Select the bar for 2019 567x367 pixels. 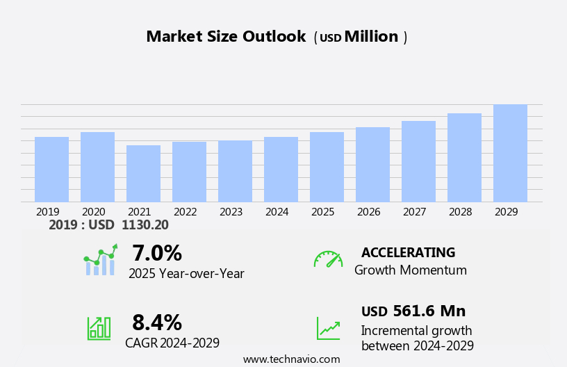coord(51,170)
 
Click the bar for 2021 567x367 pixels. coord(143,174)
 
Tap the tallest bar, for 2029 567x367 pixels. coord(510,154)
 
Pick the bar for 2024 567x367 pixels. coord(281,170)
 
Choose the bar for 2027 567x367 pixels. coord(418,161)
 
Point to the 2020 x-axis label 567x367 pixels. coord(94,212)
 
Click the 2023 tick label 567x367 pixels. coord(231,212)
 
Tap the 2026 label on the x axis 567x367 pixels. coord(369,212)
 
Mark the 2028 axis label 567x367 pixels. coord(461,212)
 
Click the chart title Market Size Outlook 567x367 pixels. coord(226,37)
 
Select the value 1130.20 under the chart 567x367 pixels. coord(145,225)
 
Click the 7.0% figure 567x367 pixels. coord(157,253)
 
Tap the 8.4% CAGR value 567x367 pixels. coord(157,323)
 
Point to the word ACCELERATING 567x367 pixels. coord(408,252)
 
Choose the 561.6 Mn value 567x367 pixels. coord(429,311)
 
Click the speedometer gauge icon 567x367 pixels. coord(328,259)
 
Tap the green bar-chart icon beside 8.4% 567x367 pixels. coord(99,328)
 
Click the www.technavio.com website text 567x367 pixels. coord(291,359)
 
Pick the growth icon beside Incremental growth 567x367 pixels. coord(328,328)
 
